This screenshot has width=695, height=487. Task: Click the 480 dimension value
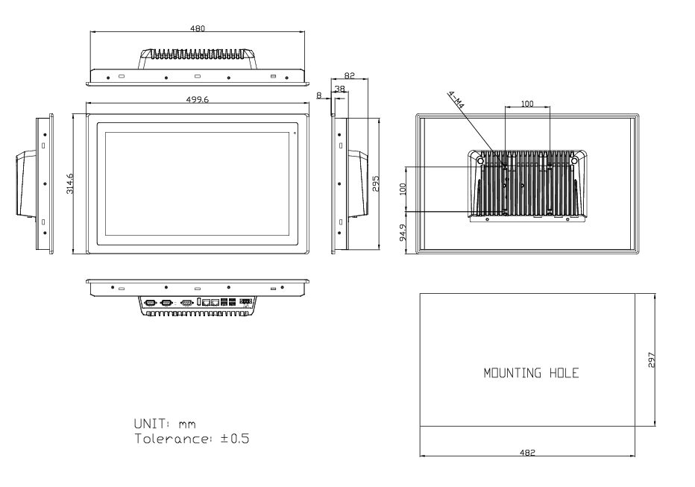click(198, 28)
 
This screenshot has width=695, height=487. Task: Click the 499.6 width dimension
click(198, 100)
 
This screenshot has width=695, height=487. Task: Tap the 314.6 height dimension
click(70, 183)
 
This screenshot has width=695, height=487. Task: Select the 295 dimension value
click(376, 183)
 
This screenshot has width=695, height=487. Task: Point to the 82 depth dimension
click(349, 76)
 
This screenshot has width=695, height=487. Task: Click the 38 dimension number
click(339, 89)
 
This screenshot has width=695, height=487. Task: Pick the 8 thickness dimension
click(318, 95)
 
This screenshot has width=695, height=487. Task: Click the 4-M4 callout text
click(456, 100)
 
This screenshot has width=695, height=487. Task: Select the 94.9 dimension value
click(403, 233)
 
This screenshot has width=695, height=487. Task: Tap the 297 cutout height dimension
click(651, 359)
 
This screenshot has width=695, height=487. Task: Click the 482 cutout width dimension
click(527, 453)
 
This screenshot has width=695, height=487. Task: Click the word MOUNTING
click(512, 373)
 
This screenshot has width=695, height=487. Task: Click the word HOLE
click(565, 373)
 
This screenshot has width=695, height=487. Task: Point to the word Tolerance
click(172, 439)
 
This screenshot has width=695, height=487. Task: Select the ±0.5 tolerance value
click(235, 439)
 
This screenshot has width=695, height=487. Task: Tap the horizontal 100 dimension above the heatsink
click(527, 104)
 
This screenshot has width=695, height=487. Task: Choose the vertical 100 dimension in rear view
click(403, 189)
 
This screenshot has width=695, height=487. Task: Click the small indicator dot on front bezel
click(295, 133)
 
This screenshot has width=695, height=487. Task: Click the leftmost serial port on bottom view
click(151, 303)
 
